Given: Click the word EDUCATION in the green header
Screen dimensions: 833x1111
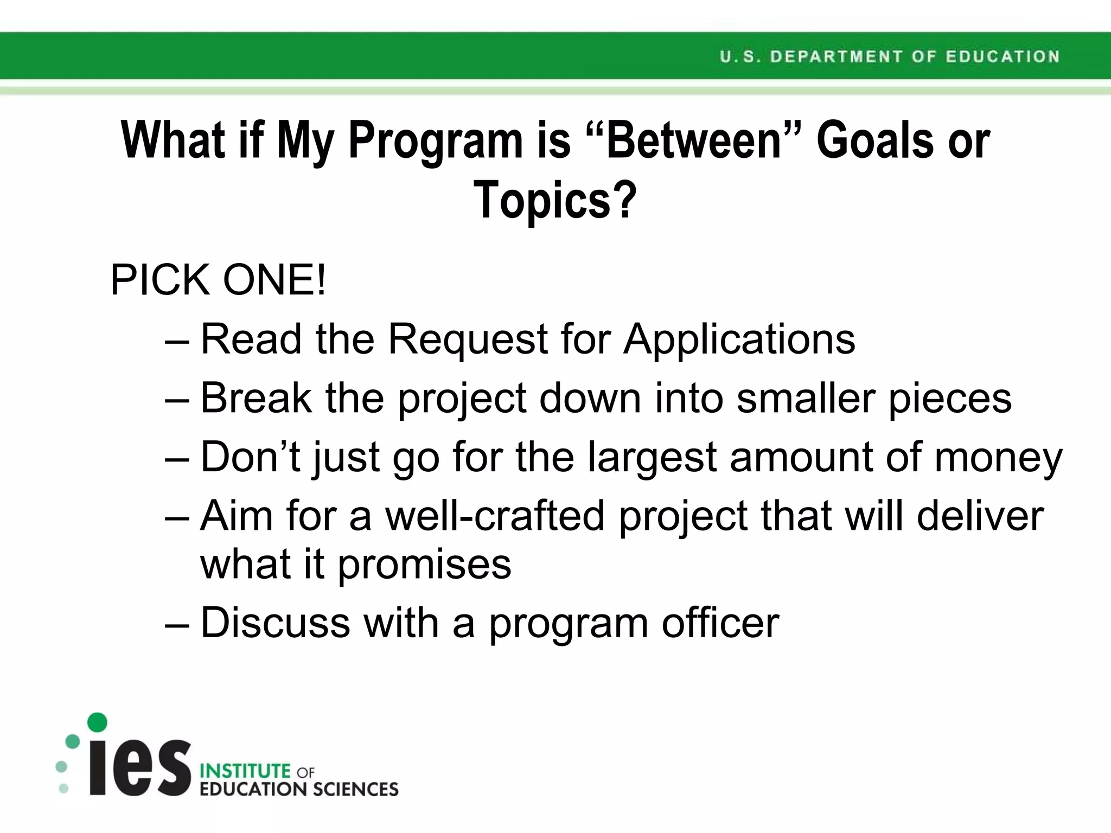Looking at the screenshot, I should [x=1003, y=56].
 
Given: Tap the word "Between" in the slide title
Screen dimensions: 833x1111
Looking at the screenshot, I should [x=694, y=140].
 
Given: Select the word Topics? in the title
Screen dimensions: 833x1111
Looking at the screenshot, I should [x=555, y=200].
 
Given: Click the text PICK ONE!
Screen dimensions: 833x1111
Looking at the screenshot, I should [x=218, y=280].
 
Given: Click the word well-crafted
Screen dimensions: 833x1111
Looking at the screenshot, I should [x=495, y=515].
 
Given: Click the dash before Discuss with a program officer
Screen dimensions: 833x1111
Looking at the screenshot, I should [x=177, y=624].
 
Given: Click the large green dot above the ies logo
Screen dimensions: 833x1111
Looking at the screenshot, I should [x=97, y=722].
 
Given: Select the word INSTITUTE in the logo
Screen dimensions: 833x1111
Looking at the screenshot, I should [x=245, y=771].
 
